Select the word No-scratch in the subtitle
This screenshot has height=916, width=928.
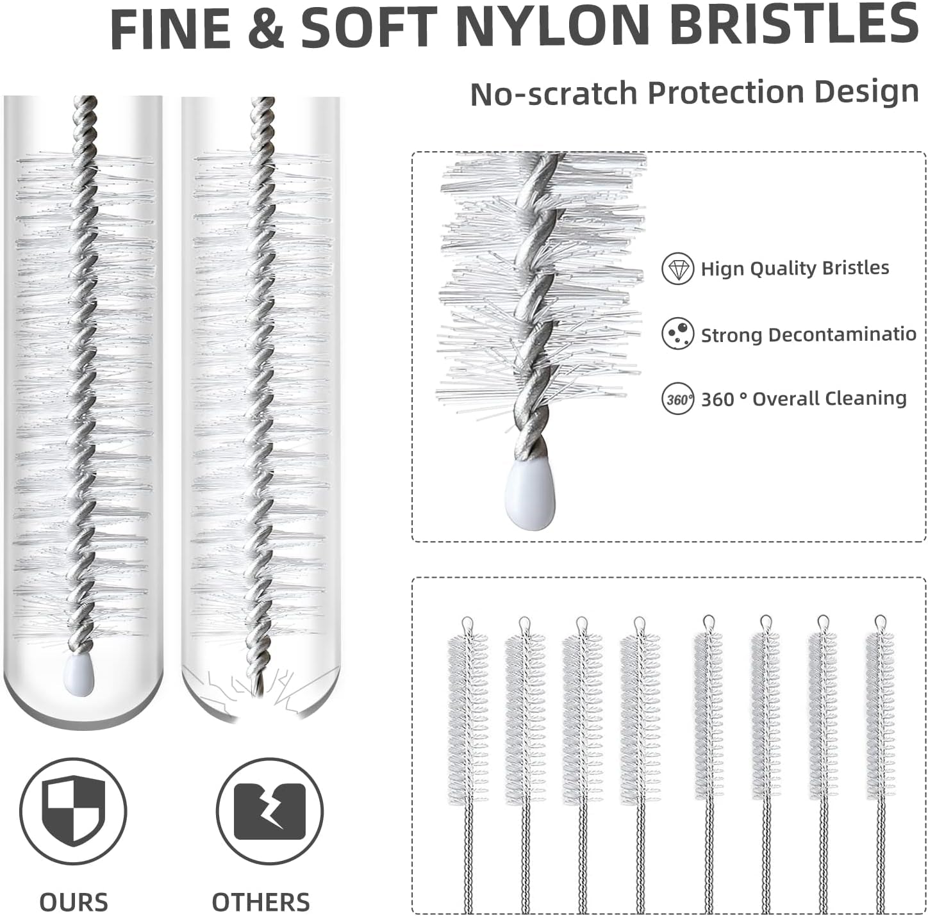tap(554, 94)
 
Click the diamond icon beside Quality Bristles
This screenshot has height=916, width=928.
tap(677, 268)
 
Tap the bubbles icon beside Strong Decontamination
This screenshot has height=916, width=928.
tap(677, 334)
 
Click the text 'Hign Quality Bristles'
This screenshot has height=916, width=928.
tap(795, 268)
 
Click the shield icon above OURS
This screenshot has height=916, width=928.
tap(73, 812)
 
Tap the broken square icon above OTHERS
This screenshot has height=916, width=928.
tap(269, 812)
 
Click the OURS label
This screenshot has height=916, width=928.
tap(74, 902)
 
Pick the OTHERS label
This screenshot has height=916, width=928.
tap(261, 902)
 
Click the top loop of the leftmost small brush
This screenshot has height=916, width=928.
tap(467, 623)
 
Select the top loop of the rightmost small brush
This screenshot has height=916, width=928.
tap(881, 621)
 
